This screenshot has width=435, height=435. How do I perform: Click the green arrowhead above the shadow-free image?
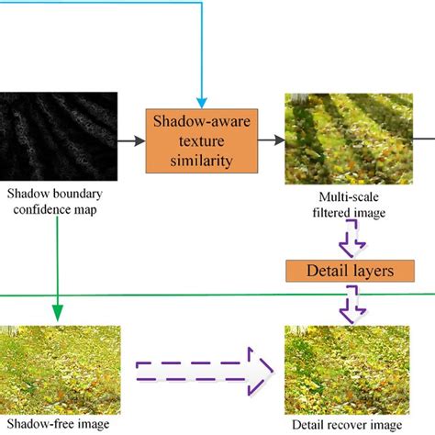[58, 312]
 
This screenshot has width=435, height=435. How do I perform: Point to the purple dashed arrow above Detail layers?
[351, 243]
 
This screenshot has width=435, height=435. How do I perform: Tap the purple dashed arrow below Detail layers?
[351, 301]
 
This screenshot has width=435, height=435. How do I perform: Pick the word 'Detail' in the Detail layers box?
[317, 273]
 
